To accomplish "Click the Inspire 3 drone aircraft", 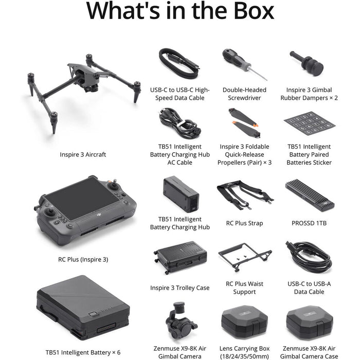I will pyautogui.click(x=83, y=87).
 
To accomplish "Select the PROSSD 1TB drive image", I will pyautogui.click(x=309, y=195).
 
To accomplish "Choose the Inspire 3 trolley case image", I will pyautogui.click(x=180, y=257).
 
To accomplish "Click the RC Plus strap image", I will pyautogui.click(x=244, y=195).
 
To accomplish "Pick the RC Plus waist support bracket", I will pyautogui.click(x=244, y=257).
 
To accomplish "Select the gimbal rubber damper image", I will pyautogui.click(x=307, y=63).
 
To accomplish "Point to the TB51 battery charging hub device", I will pyautogui.click(x=181, y=194).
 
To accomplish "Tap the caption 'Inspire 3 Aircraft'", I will pyautogui.click(x=83, y=154).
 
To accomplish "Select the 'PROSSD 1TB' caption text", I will pyautogui.click(x=309, y=223).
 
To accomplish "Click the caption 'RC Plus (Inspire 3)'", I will pyautogui.click(x=83, y=259).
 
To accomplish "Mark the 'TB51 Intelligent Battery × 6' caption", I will pyautogui.click(x=83, y=352).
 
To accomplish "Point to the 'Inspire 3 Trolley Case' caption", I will pyautogui.click(x=180, y=287).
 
